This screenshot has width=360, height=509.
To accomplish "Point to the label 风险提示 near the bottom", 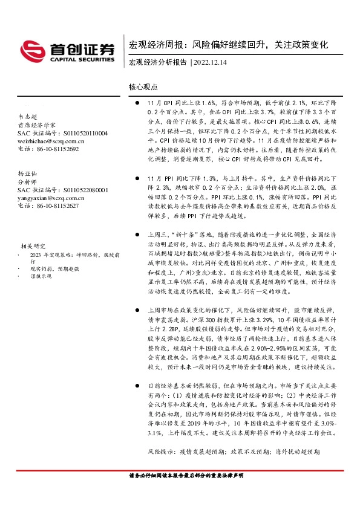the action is pyautogui.click(x=161, y=452).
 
